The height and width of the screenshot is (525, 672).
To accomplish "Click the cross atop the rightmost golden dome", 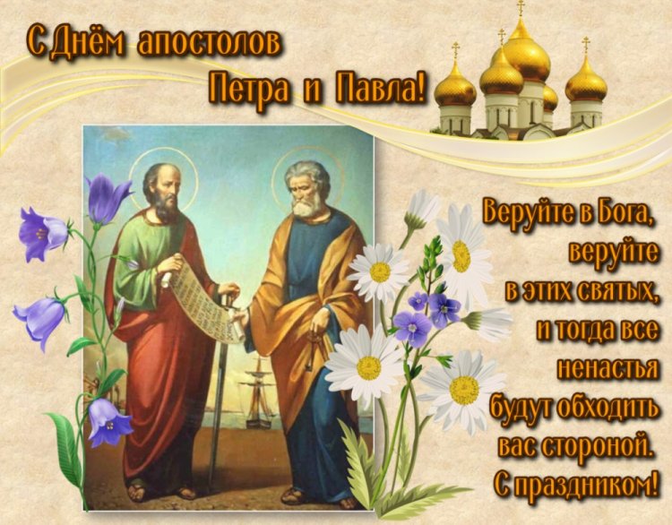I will (x=587, y=44).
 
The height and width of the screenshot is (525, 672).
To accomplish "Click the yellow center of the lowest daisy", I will (x=464, y=390).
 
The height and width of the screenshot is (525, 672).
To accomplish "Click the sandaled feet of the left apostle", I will (x=157, y=491).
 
